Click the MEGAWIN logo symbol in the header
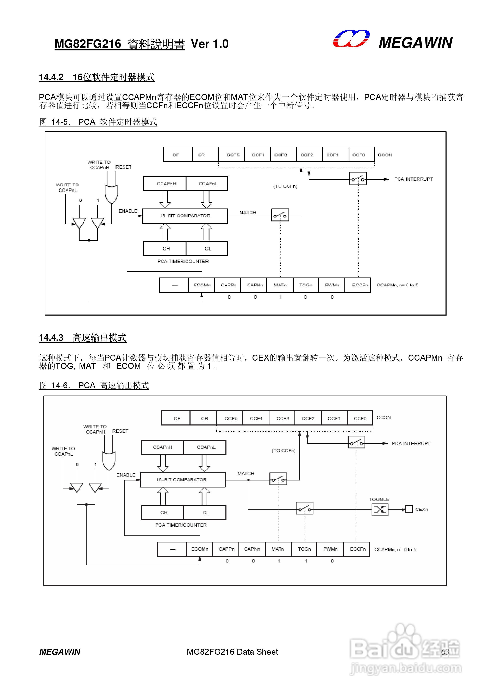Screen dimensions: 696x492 (x=351, y=39)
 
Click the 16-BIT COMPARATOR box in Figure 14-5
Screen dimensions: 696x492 (x=185, y=216)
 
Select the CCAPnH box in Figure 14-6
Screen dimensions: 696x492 (x=162, y=447)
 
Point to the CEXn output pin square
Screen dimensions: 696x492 (x=409, y=509)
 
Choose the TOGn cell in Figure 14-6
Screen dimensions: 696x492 (x=304, y=549)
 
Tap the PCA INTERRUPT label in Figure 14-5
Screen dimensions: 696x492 (x=413, y=179)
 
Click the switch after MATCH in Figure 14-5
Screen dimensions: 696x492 (x=280, y=215)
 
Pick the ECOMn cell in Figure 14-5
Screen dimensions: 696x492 (x=202, y=285)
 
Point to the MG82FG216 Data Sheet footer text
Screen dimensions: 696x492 (x=232, y=652)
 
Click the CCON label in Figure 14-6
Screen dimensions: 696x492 (x=384, y=418)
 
